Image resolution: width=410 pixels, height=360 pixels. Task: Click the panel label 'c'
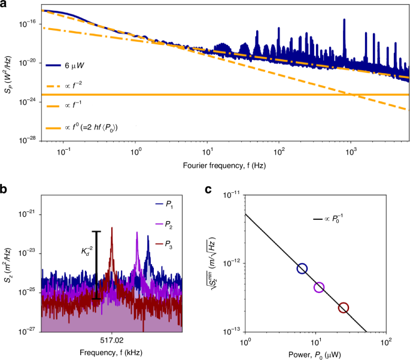[x=207, y=188]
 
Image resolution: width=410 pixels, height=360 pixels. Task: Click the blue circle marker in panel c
[x=302, y=268]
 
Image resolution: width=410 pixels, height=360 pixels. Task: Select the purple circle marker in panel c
[x=319, y=288]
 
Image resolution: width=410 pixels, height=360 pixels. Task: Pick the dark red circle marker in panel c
[x=343, y=307]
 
